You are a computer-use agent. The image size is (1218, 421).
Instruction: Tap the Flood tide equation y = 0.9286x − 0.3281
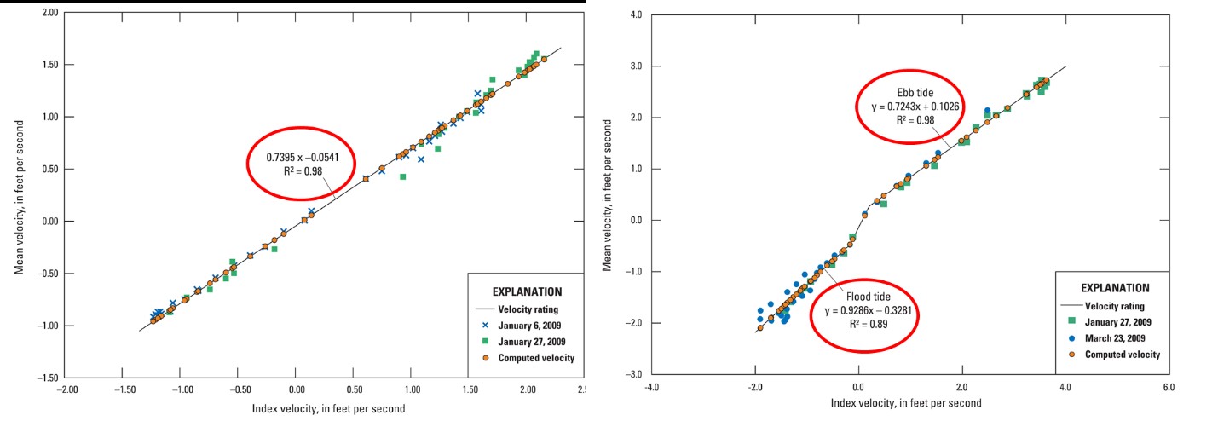click(865, 311)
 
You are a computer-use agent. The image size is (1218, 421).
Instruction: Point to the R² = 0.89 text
click(864, 325)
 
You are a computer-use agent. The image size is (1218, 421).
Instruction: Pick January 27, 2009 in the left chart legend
click(536, 342)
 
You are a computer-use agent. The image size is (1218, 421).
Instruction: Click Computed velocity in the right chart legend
click(1123, 354)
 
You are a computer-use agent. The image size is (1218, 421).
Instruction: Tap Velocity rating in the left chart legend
click(528, 309)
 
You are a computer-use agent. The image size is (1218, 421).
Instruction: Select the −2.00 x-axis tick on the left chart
click(67, 389)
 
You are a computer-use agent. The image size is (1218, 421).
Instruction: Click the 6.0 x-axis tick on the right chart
click(1169, 386)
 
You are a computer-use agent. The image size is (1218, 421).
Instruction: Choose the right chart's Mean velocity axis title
click(608, 196)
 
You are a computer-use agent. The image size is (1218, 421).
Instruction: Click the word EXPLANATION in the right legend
click(1115, 288)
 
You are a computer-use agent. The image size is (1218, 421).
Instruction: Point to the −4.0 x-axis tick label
click(651, 386)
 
